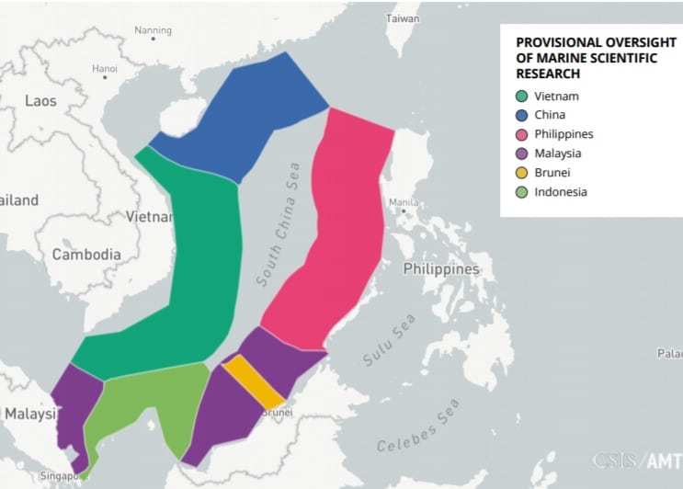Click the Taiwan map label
[x=403, y=18]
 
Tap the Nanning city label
[x=153, y=30]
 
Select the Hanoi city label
[x=105, y=68]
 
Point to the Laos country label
[x=40, y=101]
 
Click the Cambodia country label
[x=86, y=255]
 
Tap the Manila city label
[x=404, y=202]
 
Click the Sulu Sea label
[x=389, y=340]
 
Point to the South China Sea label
[x=279, y=223]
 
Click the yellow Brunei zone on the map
[x=253, y=381]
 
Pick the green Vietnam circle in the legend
[x=521, y=96]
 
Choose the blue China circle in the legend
[x=521, y=115]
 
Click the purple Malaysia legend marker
[x=521, y=154]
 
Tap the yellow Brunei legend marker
[x=521, y=173]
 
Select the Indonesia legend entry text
[x=560, y=192]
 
